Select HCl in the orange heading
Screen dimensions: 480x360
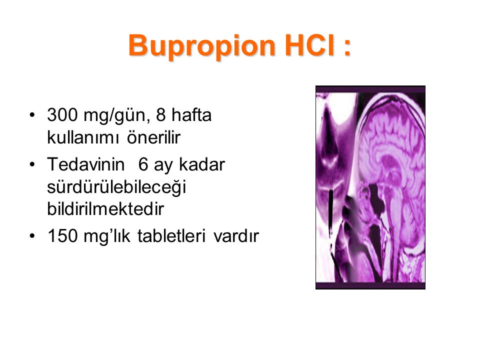[310, 45]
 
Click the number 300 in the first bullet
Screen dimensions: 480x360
[62, 115]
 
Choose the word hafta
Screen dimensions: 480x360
[191, 115]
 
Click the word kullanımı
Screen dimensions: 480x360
[82, 137]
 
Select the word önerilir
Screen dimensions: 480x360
[153, 137]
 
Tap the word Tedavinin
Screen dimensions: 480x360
[85, 164]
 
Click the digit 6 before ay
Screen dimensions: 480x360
[143, 164]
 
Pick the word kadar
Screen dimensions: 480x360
[202, 164]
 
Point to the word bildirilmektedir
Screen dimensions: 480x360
[105, 209]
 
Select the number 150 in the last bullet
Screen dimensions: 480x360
[62, 236]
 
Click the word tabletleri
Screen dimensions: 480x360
[171, 236]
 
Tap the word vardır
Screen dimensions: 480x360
[236, 236]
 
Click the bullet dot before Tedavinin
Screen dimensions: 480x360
[32, 164]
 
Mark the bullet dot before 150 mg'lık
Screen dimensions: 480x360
[32, 236]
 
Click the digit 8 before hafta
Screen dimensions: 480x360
[160, 115]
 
